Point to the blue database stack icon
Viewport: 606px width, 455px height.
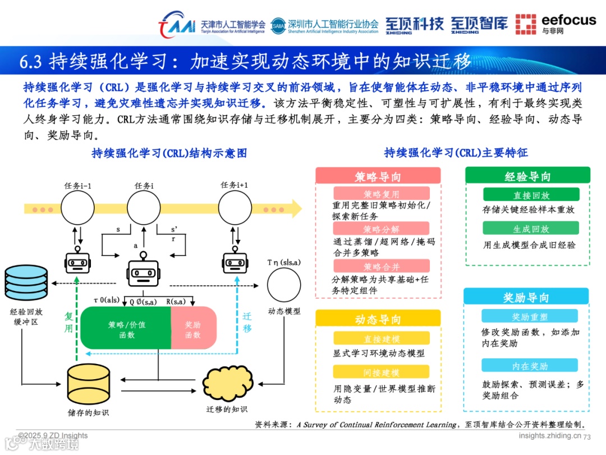26,282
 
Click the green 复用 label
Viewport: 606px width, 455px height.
68,322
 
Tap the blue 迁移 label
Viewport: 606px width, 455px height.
247,322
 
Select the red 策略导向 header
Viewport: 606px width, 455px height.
378,176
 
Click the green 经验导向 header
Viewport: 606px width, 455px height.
527,176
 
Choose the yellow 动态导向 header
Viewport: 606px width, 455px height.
378,319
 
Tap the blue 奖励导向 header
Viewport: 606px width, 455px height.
526,297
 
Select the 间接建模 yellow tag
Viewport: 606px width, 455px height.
381,372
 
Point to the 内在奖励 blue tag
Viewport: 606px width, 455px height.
530,366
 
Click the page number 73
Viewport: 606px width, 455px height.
587,437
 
